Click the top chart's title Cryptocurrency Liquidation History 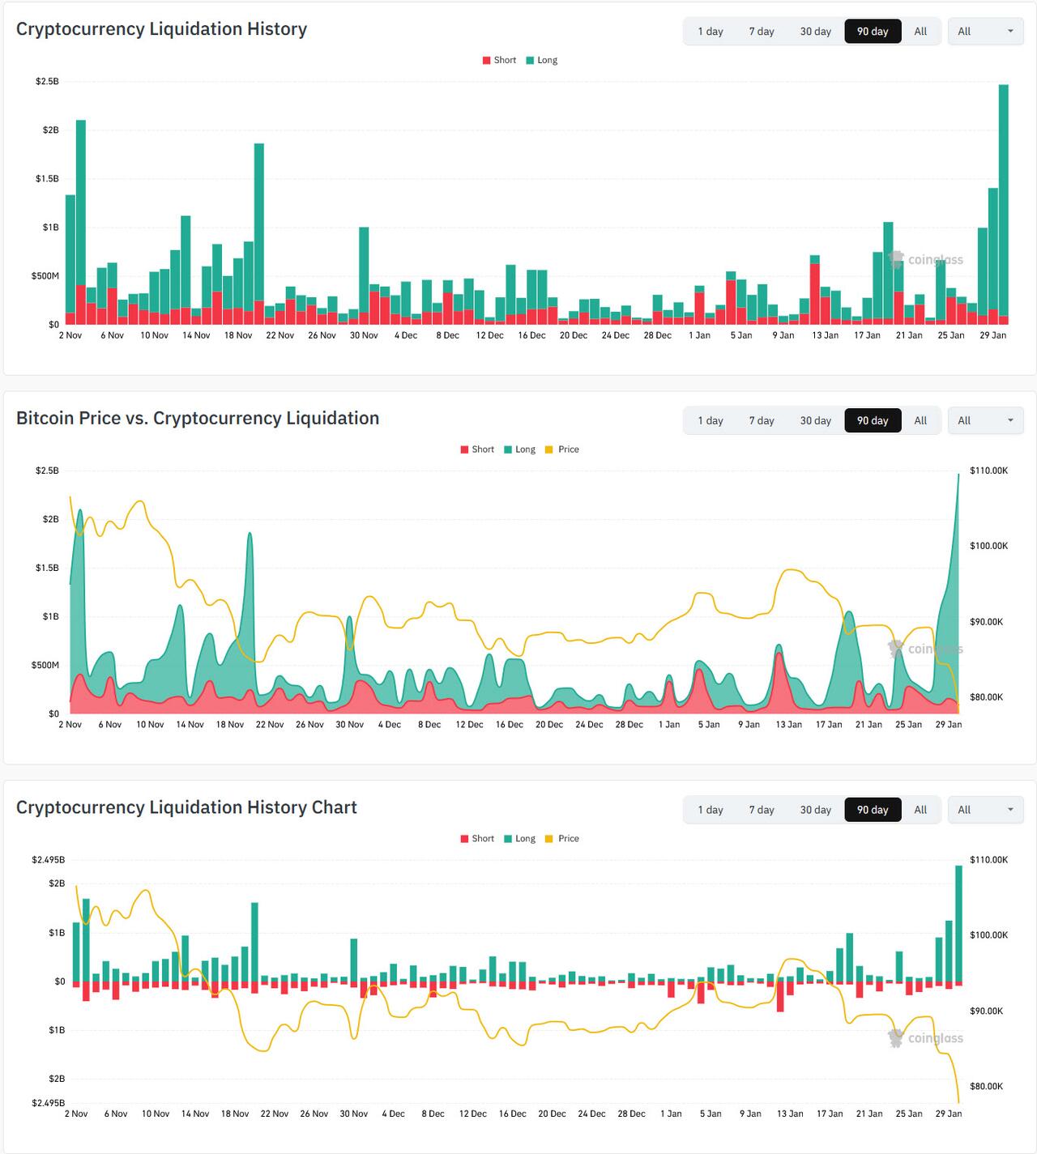(161, 29)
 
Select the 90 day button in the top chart (873, 32)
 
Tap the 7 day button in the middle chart (761, 420)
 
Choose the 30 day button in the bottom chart (815, 810)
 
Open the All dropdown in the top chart (985, 32)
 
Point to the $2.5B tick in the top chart (47, 82)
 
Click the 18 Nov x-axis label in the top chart (238, 335)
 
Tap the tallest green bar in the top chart (1003, 202)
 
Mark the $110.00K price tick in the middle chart (988, 471)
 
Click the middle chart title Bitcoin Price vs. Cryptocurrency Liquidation (198, 419)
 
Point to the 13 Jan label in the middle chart (789, 725)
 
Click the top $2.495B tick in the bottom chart (48, 860)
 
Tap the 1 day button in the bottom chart (711, 810)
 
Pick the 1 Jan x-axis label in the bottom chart (671, 1114)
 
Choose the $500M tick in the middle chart (45, 666)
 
